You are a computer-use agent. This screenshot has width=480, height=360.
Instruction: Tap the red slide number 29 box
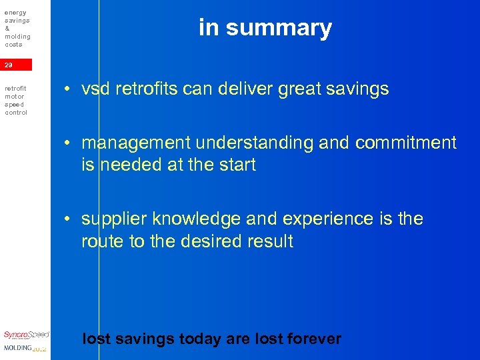point(15,65)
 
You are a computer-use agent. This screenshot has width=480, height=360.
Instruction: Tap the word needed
point(132,165)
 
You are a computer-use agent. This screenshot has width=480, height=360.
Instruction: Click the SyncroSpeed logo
point(26,335)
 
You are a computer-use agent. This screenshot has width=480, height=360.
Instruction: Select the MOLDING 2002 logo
point(25,348)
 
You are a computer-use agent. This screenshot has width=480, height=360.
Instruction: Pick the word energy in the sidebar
point(15,13)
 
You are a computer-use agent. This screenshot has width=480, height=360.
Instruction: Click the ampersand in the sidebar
point(7,29)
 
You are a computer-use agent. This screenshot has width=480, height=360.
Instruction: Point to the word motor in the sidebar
point(14,97)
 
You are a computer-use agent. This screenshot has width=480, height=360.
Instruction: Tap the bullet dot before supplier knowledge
point(68,219)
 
